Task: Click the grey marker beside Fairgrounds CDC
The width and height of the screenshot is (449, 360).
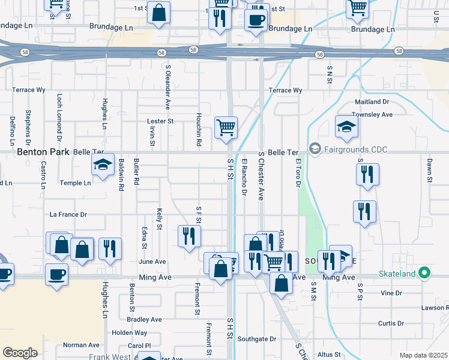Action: click(x=315, y=148)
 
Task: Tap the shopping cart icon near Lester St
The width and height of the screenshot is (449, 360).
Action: click(x=226, y=127)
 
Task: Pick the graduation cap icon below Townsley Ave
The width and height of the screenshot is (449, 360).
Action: click(x=347, y=127)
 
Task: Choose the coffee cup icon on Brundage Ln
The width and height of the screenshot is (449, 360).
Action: click(x=256, y=20)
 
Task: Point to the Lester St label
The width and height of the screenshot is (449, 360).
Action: click(x=160, y=121)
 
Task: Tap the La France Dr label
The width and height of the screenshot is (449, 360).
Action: click(x=68, y=214)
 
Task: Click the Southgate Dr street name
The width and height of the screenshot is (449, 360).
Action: click(x=256, y=339)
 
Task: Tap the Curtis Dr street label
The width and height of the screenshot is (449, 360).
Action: click(x=391, y=323)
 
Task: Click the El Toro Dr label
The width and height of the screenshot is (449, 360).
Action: click(x=297, y=172)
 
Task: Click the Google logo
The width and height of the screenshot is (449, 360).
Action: click(x=20, y=353)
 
